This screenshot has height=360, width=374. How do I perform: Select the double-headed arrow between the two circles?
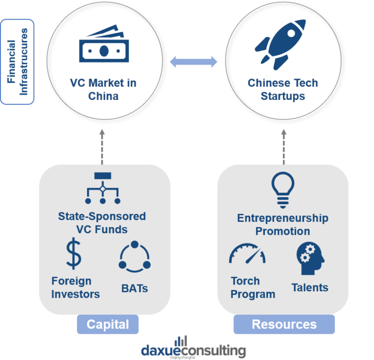tap(193, 62)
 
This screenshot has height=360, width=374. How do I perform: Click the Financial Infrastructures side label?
tap(18, 62)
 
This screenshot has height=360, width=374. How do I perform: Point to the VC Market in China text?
tap(103, 89)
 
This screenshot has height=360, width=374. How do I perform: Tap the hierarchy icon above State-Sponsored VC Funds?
tap(103, 188)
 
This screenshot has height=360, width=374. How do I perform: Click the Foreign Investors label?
tap(75, 287)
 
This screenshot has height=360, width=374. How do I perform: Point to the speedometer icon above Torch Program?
tap(247, 254)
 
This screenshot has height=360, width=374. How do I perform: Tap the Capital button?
tap(108, 324)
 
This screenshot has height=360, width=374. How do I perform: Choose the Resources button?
tap(284, 324)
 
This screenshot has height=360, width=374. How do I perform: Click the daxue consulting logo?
tap(193, 349)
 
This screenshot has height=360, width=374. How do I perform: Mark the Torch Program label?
tap(253, 287)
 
